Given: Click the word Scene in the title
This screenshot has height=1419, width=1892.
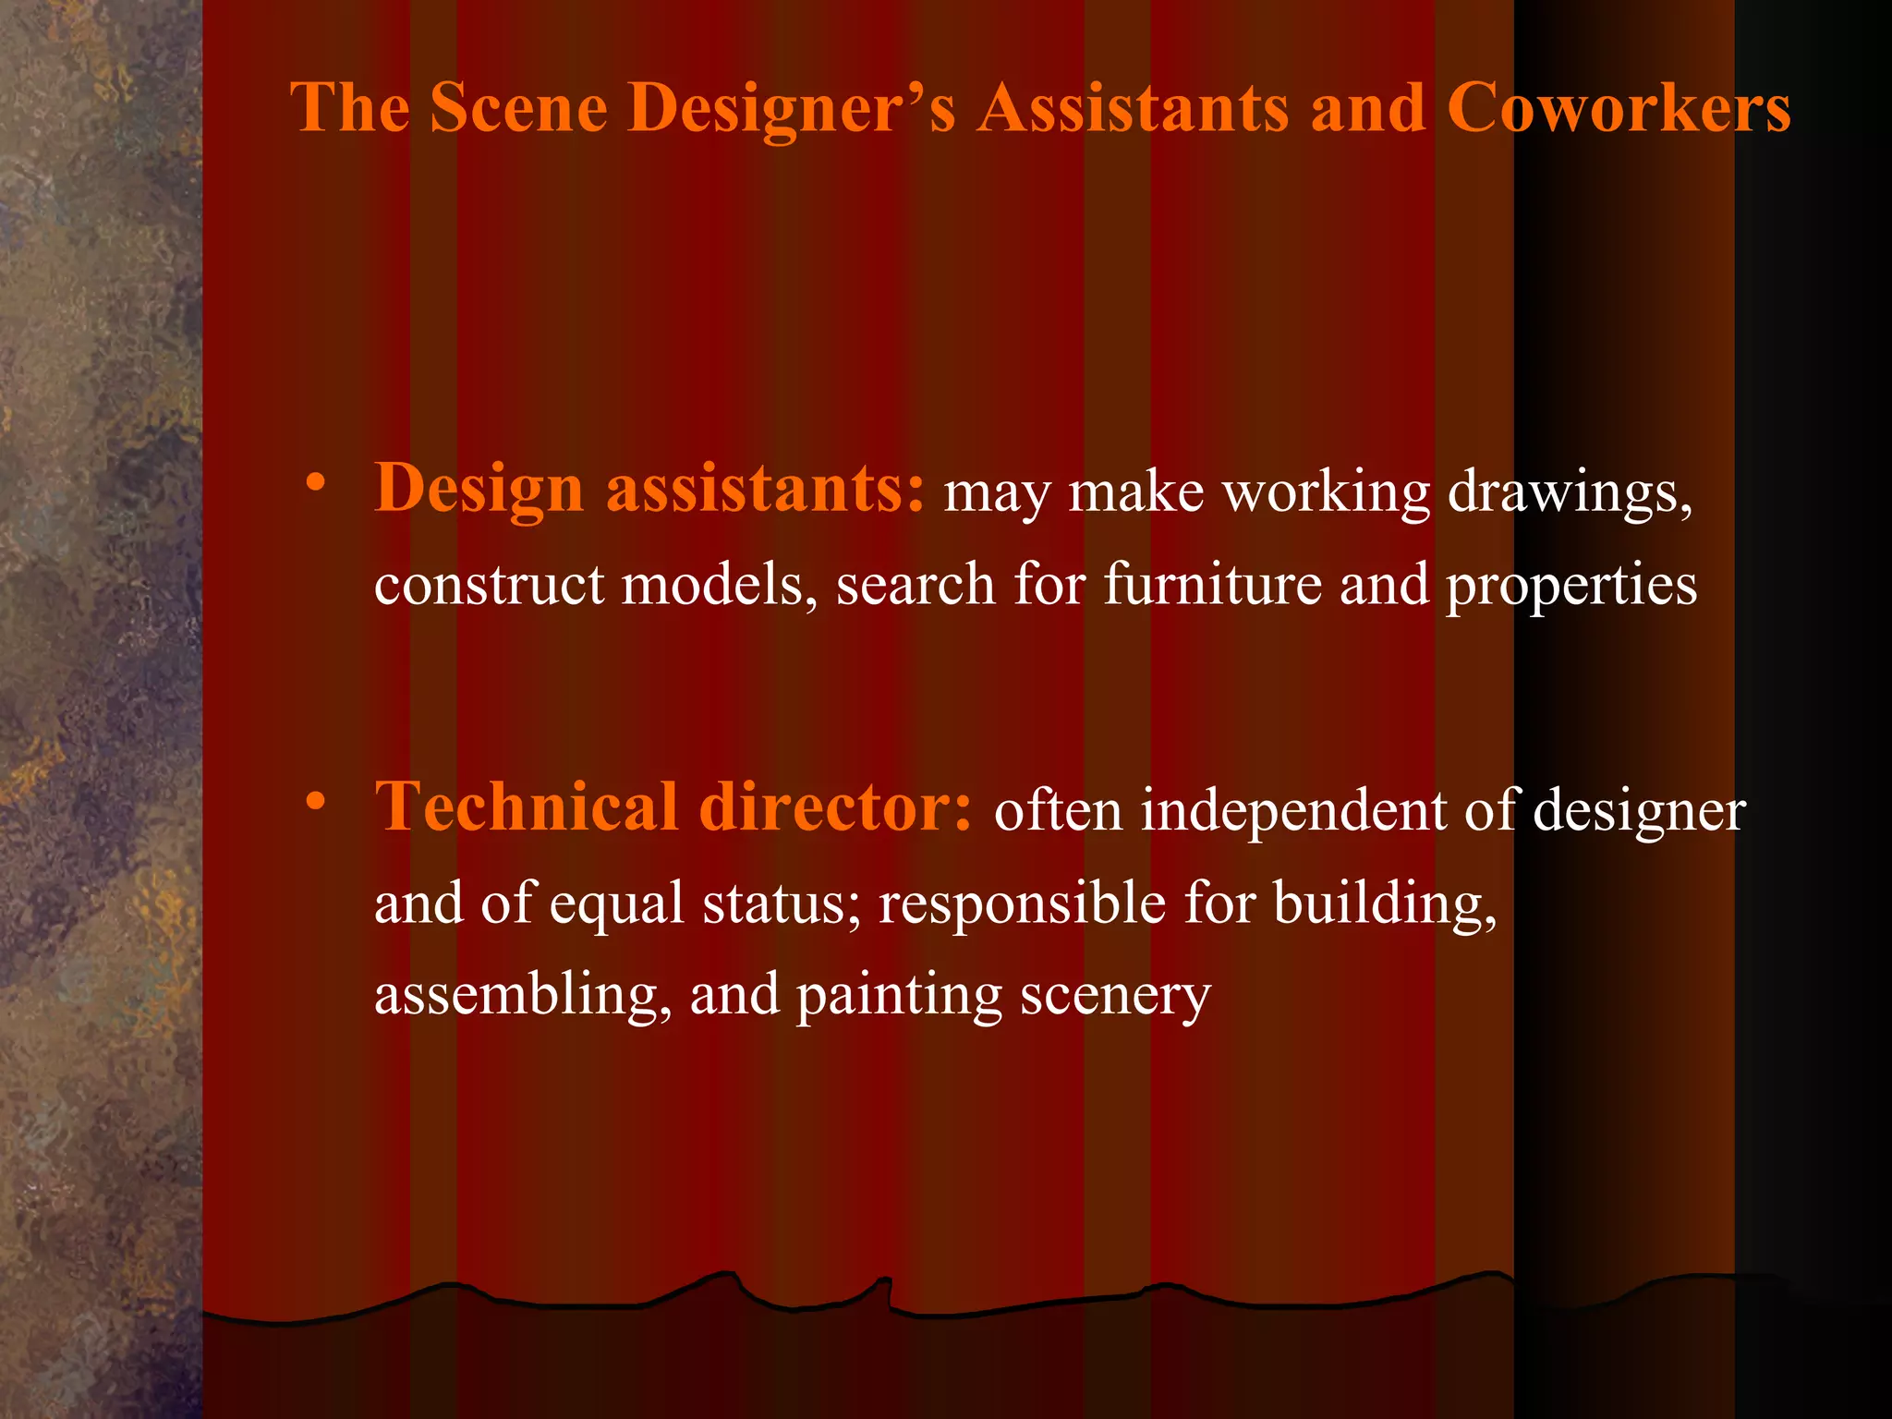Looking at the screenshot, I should click(x=518, y=108).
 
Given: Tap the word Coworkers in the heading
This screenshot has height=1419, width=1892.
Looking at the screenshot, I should click(x=1619, y=108).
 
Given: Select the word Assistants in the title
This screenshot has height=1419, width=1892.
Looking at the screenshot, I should click(x=1134, y=108).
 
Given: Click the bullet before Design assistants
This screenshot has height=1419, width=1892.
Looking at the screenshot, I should click(x=316, y=483).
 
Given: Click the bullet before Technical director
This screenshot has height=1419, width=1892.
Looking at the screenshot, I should click(x=316, y=801).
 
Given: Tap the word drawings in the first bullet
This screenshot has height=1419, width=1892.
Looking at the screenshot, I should click(x=1569, y=491).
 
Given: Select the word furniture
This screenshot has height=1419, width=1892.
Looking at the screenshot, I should click(x=1213, y=584).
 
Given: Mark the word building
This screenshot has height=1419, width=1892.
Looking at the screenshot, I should click(x=1385, y=903).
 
